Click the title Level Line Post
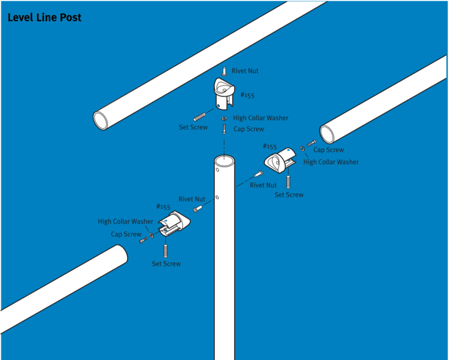[44, 18]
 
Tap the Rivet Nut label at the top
[245, 71]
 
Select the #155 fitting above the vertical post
[224, 93]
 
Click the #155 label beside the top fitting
[247, 95]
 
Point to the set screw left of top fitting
[200, 117]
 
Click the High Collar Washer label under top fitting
[261, 118]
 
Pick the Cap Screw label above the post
[249, 129]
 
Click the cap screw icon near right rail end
[311, 143]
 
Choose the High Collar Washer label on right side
[331, 162]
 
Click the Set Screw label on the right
[289, 195]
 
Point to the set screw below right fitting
[288, 181]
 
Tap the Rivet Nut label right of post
[263, 185]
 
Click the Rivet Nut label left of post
[192, 199]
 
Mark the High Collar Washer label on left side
[125, 222]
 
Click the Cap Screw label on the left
[126, 234]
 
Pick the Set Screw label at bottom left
[166, 264]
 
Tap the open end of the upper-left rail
[101, 120]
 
